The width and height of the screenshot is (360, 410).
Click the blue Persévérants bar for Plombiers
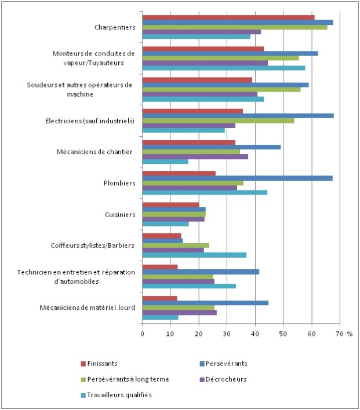click(238, 178)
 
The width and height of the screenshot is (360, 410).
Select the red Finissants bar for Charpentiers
click(228, 17)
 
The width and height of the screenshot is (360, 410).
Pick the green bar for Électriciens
click(218, 120)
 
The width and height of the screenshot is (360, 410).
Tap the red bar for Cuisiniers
click(171, 204)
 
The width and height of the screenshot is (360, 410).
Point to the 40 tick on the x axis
click(255, 334)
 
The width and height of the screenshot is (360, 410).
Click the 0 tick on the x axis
click(143, 334)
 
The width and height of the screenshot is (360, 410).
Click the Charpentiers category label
click(115, 27)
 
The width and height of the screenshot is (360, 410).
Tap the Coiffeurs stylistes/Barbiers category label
click(93, 246)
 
